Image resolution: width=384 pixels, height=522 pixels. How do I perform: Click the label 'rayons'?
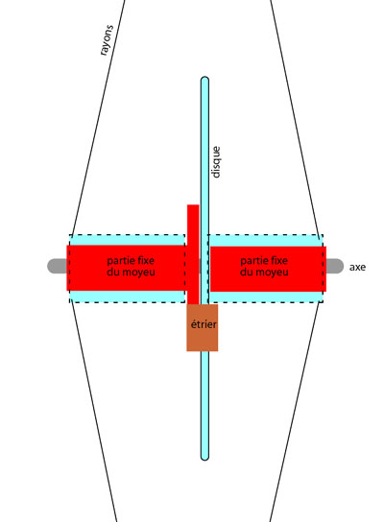click(x=107, y=40)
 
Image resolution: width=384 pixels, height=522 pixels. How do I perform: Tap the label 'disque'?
click(x=216, y=162)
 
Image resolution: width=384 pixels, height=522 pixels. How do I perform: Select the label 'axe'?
click(x=357, y=267)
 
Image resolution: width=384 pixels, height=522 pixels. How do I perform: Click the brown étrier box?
click(x=203, y=327)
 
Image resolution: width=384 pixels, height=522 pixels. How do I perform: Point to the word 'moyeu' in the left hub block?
click(x=139, y=273)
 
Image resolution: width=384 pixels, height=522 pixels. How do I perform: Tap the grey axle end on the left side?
click(x=57, y=266)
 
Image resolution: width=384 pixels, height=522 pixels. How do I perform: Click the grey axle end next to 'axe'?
click(x=335, y=266)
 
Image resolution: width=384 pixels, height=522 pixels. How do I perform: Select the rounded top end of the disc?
click(x=204, y=81)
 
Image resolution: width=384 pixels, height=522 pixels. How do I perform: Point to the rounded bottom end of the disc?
click(x=204, y=457)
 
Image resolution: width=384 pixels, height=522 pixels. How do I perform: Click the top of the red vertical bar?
click(x=193, y=205)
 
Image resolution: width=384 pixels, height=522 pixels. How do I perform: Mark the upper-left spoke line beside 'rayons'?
click(x=98, y=117)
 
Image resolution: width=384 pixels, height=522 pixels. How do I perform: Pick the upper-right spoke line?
click(x=295, y=117)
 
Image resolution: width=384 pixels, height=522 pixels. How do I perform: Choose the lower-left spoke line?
click(x=94, y=413)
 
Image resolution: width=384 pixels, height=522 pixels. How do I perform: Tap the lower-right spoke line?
click(x=295, y=413)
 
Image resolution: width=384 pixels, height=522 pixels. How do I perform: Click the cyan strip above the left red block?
click(x=127, y=240)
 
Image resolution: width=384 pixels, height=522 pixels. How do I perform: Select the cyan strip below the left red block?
click(x=127, y=297)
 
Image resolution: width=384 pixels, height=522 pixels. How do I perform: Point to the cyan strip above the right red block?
click(x=266, y=240)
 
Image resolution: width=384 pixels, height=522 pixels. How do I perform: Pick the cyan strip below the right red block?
click(x=266, y=297)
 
